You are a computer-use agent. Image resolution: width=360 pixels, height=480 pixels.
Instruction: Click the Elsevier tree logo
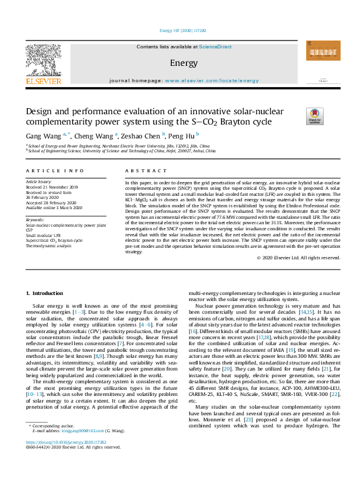(x=43, y=60)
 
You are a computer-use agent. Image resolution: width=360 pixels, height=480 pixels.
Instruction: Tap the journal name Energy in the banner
(x=180, y=63)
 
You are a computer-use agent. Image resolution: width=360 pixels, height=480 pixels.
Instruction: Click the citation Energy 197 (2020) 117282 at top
(x=180, y=30)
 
